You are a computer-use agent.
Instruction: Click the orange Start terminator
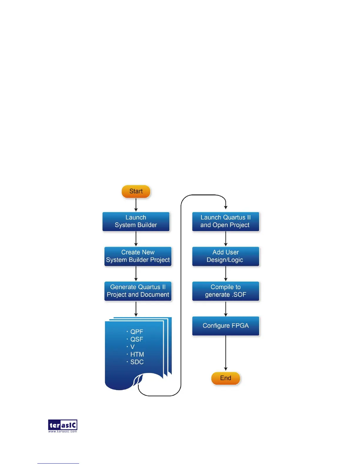pyautogui.click(x=136, y=192)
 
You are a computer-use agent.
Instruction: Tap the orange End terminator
pyautogui.click(x=226, y=378)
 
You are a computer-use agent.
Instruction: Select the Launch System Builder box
pyautogui.click(x=136, y=222)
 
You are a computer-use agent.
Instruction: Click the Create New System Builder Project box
pyautogui.click(x=138, y=256)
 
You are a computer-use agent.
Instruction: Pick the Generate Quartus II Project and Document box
pyautogui.click(x=138, y=291)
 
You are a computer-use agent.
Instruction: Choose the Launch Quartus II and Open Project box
pyautogui.click(x=226, y=222)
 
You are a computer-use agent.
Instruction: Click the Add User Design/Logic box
pyautogui.click(x=226, y=256)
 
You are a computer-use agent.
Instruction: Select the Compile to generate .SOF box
pyautogui.click(x=226, y=291)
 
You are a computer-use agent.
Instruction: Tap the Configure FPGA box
pyautogui.click(x=226, y=326)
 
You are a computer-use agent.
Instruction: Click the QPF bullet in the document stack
pyautogui.click(x=136, y=332)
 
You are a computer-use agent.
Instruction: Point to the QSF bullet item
pyautogui.click(x=136, y=339)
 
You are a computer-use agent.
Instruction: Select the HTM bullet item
pyautogui.click(x=137, y=355)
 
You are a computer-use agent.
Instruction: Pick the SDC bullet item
pyautogui.click(x=136, y=362)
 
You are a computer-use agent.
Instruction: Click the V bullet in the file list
pyautogui.click(x=132, y=347)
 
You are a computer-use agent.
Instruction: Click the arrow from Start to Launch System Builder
pyautogui.click(x=136, y=205)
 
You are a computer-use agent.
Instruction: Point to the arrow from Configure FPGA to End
pyautogui.click(x=226, y=353)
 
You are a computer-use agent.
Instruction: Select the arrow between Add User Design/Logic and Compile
pyautogui.click(x=226, y=274)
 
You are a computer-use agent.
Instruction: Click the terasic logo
pyautogui.click(x=63, y=425)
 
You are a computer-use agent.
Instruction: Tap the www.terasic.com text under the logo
pyautogui.click(x=63, y=432)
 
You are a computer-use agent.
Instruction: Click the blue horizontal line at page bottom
pyautogui.click(x=58, y=463)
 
